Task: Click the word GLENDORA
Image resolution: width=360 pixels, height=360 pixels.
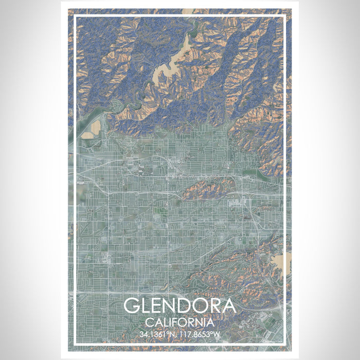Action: click(179, 305)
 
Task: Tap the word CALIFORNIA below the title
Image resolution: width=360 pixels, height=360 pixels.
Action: click(179, 322)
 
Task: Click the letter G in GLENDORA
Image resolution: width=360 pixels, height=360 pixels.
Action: click(132, 305)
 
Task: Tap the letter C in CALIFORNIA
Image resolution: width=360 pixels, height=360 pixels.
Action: click(149, 322)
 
